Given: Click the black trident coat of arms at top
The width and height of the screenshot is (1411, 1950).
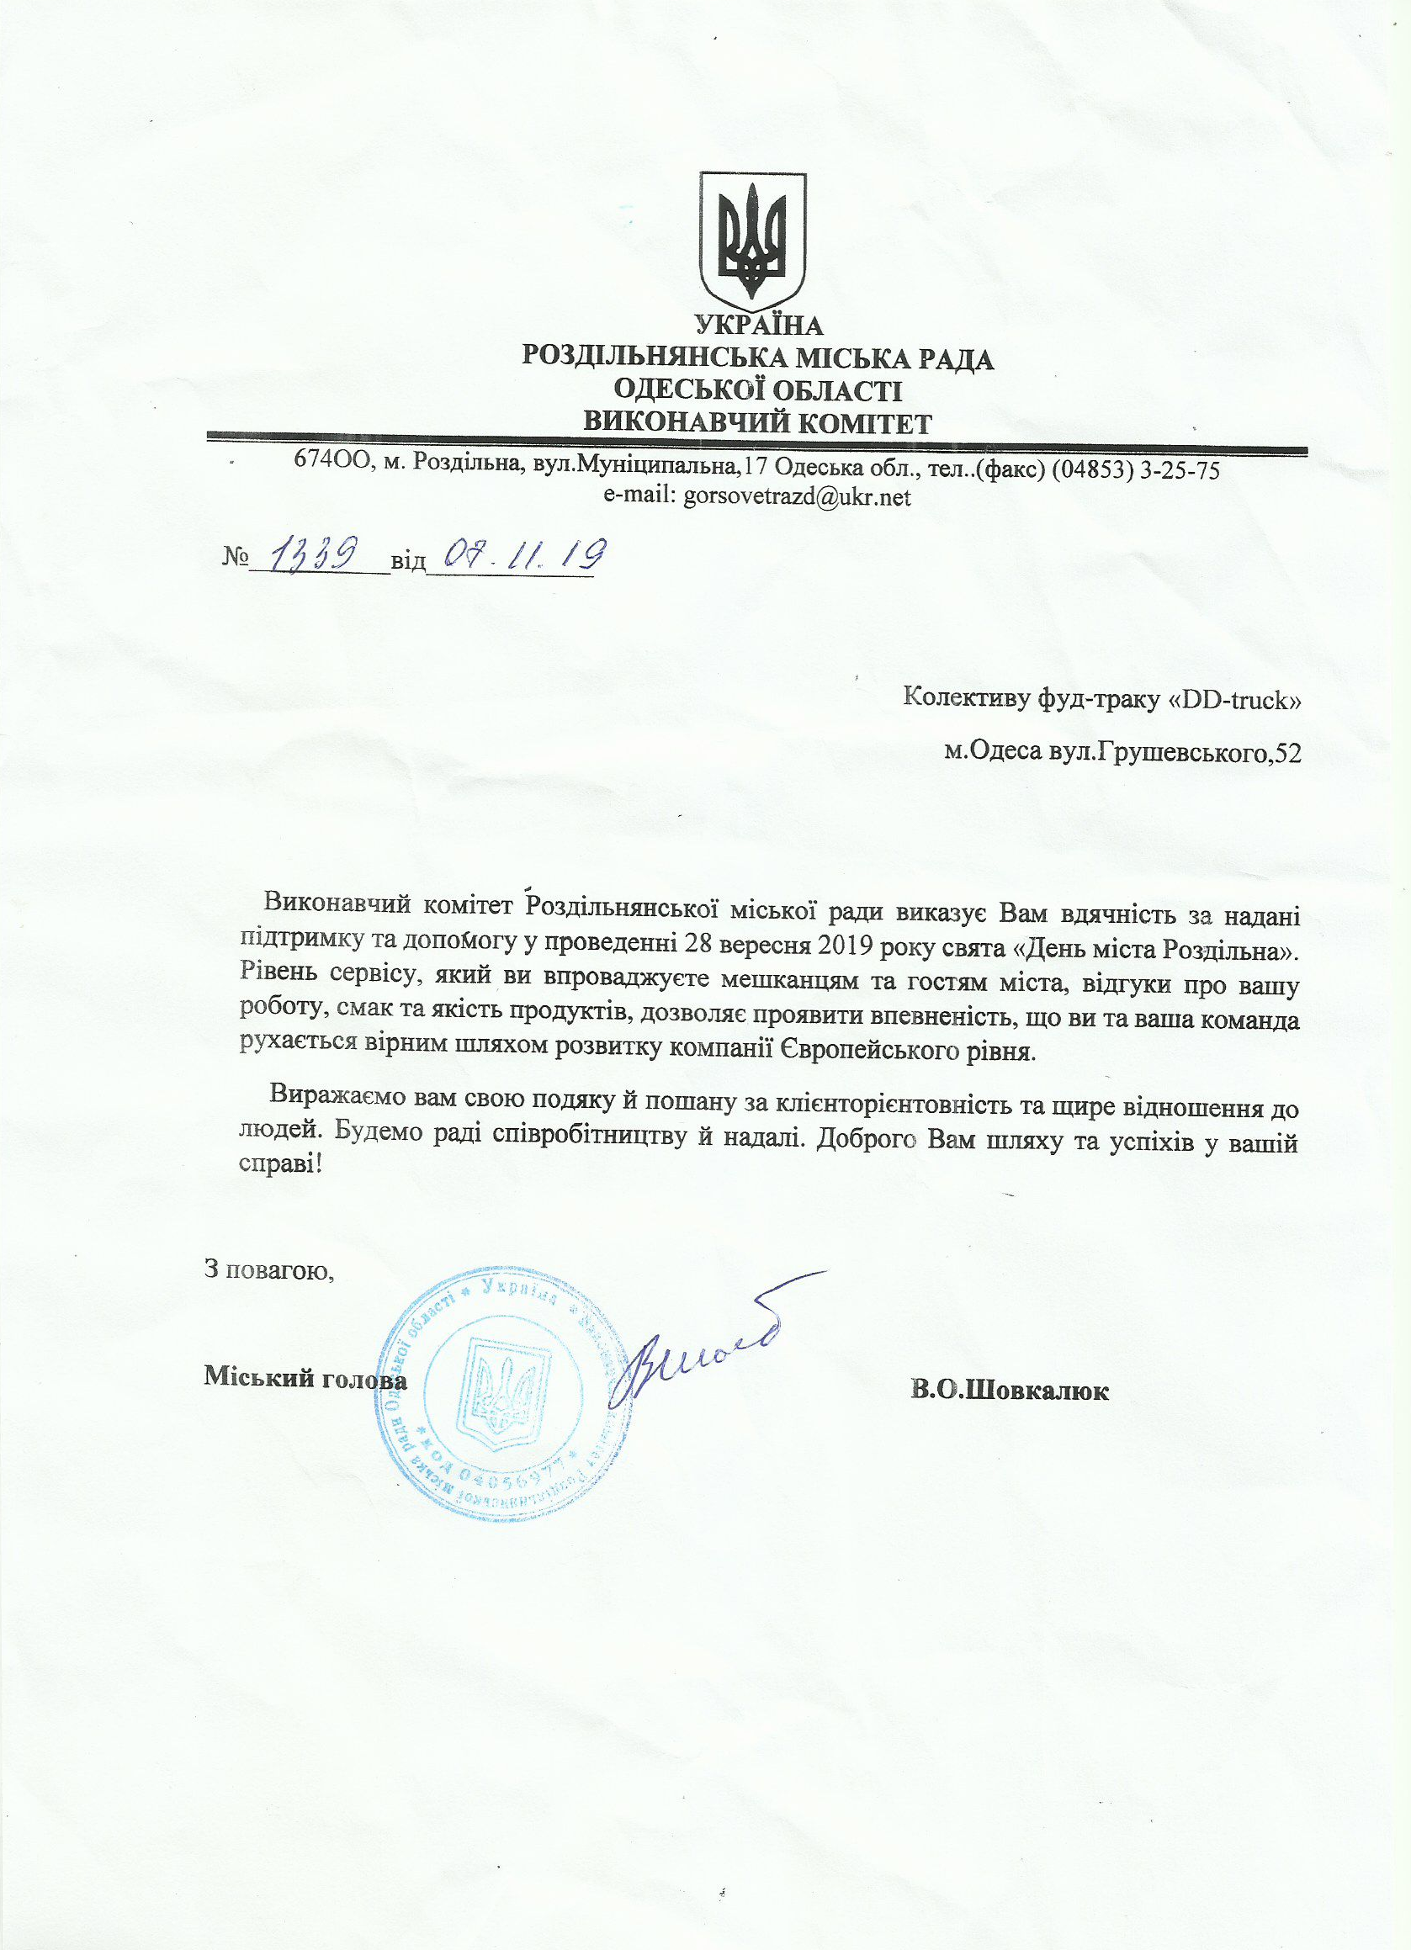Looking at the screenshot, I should coord(752,240).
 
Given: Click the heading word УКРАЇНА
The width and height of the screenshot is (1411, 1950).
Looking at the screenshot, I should coord(758,325).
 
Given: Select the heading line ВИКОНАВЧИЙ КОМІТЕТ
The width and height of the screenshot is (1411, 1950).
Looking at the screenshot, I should coord(757,423).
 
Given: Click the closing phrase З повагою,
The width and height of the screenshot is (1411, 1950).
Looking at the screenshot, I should coord(268,1269).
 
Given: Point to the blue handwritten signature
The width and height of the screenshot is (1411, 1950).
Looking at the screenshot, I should coord(697,1355).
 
